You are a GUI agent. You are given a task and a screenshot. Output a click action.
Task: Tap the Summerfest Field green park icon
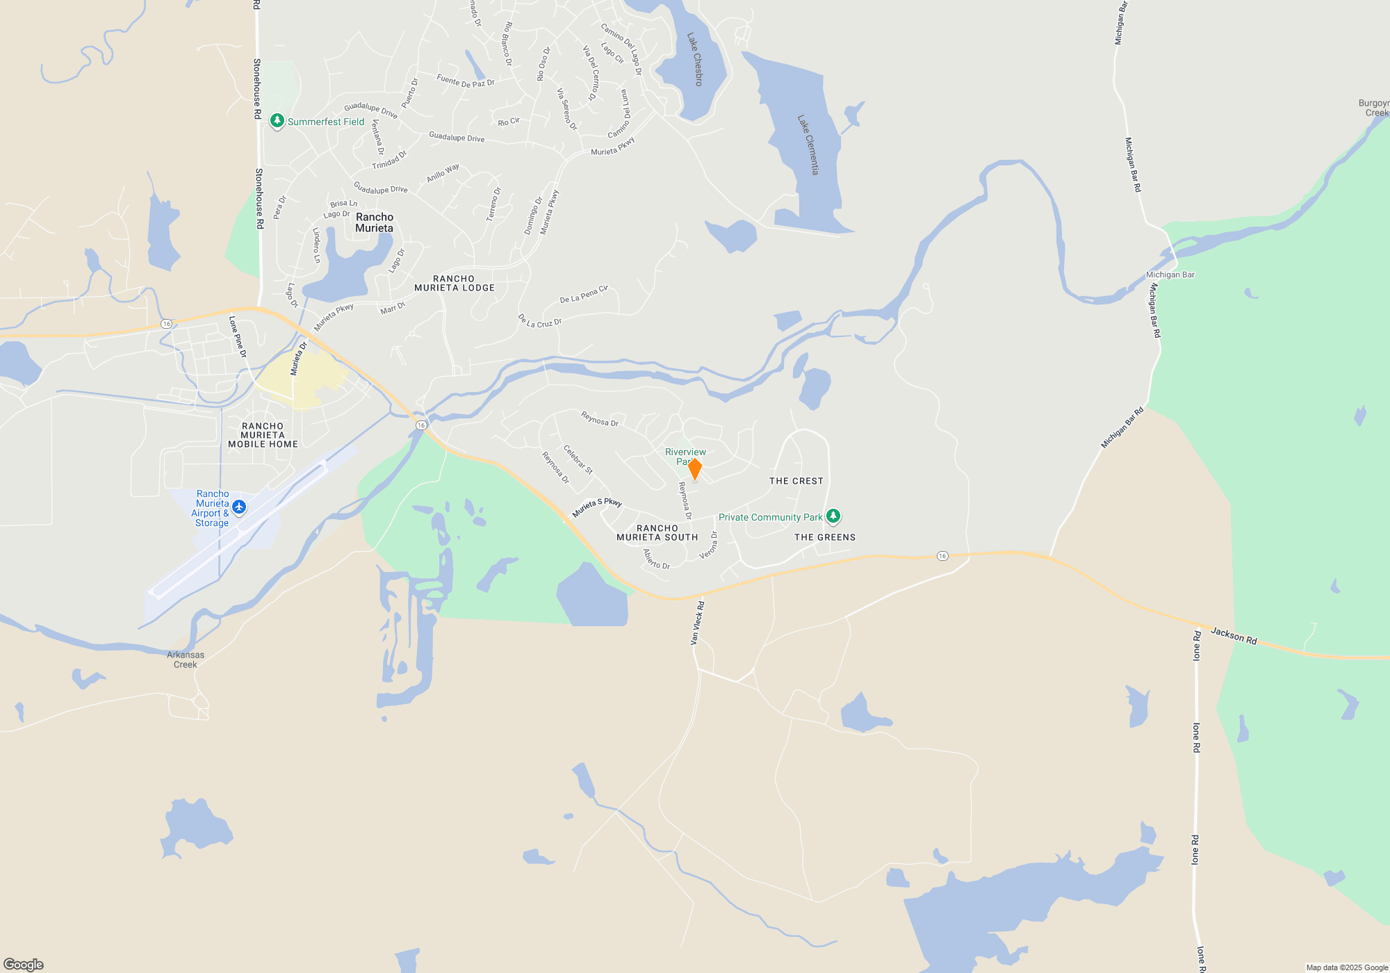(277, 121)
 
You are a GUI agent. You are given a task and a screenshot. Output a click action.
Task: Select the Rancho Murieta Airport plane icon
(239, 507)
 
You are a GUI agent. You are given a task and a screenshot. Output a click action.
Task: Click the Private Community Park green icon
(833, 516)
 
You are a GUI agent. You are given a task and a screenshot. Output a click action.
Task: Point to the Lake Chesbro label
(695, 59)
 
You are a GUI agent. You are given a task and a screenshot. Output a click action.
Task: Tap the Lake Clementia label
(808, 145)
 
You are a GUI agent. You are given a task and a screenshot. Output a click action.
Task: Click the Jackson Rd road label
(1234, 635)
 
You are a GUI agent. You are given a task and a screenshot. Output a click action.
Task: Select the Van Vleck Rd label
(697, 623)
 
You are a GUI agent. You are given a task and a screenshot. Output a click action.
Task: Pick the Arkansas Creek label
(186, 660)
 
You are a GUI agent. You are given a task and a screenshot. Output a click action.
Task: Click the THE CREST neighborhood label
(796, 481)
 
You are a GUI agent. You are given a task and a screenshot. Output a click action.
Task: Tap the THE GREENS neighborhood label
(825, 537)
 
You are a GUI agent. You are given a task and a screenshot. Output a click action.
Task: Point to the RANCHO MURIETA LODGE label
(455, 284)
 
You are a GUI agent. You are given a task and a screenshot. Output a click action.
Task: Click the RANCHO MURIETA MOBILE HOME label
(263, 435)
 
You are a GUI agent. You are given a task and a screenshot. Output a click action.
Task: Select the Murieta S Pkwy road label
(596, 507)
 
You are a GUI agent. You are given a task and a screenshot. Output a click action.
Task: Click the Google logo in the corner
(24, 964)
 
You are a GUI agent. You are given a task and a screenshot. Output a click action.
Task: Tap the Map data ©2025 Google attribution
(1347, 967)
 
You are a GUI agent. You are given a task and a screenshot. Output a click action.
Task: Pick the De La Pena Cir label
(584, 294)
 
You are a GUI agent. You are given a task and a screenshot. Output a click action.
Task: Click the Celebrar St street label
(578, 459)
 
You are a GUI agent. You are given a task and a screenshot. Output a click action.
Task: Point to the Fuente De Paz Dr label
(466, 81)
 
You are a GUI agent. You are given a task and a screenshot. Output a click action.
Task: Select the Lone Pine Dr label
(238, 336)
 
